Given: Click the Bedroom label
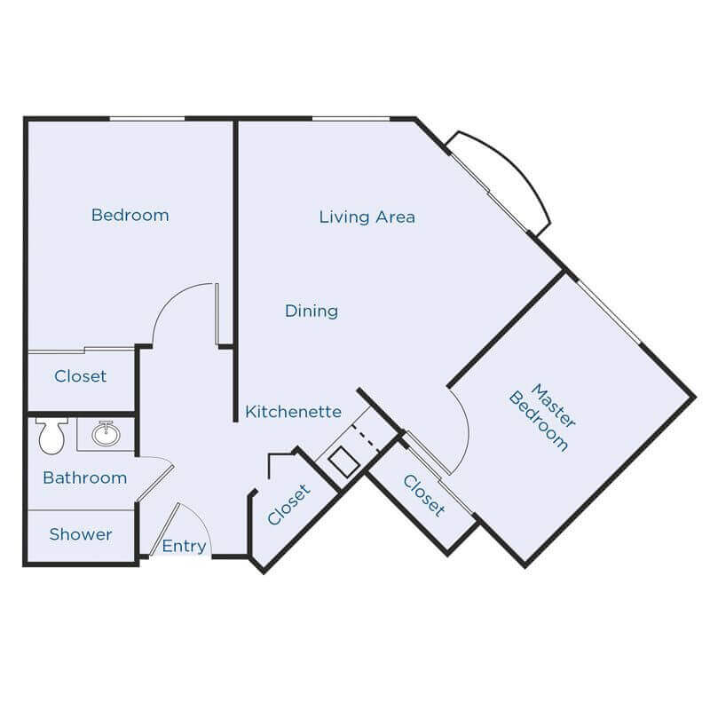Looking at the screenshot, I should (x=130, y=215).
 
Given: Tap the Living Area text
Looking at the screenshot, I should (x=367, y=217).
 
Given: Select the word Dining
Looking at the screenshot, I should (x=312, y=311).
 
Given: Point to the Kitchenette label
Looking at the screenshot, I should (x=294, y=412).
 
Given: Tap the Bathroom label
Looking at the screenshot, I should (x=84, y=477).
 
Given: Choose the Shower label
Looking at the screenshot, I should (x=80, y=534).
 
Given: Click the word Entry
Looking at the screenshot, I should (x=184, y=546).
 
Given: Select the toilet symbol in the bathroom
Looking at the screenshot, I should (x=50, y=435).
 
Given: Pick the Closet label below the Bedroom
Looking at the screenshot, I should (x=80, y=376).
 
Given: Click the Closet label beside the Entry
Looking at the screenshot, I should (x=289, y=503).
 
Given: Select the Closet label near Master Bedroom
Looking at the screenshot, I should (x=423, y=494).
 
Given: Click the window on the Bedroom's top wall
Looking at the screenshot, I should (x=146, y=118).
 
